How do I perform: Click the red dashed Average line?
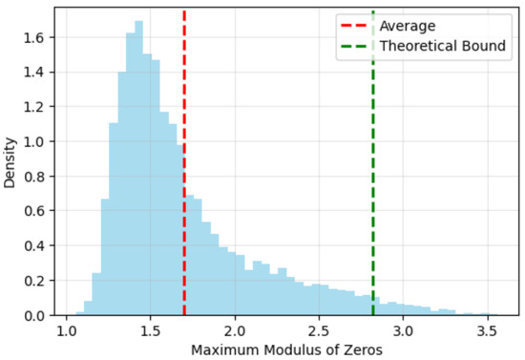[184, 191]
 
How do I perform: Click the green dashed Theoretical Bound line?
[373, 191]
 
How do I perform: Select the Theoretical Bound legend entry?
[443, 45]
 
